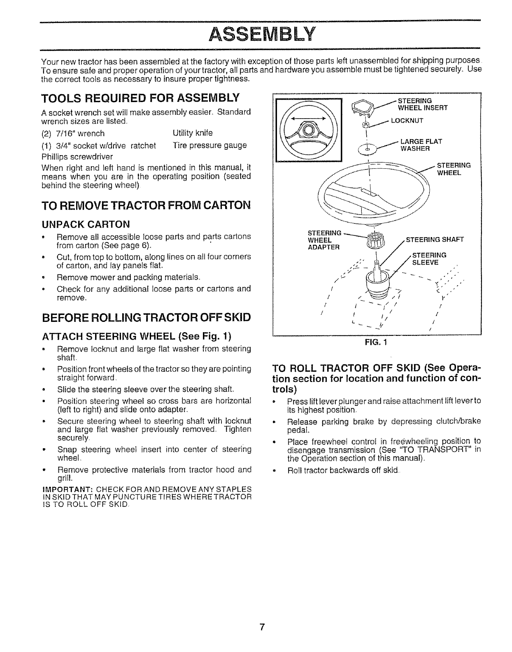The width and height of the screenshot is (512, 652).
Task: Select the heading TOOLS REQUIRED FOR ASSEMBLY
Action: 140,99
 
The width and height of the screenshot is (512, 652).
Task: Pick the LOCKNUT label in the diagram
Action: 407,121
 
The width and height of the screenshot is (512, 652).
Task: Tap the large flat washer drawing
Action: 368,150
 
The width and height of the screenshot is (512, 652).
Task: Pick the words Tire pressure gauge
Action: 209,145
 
